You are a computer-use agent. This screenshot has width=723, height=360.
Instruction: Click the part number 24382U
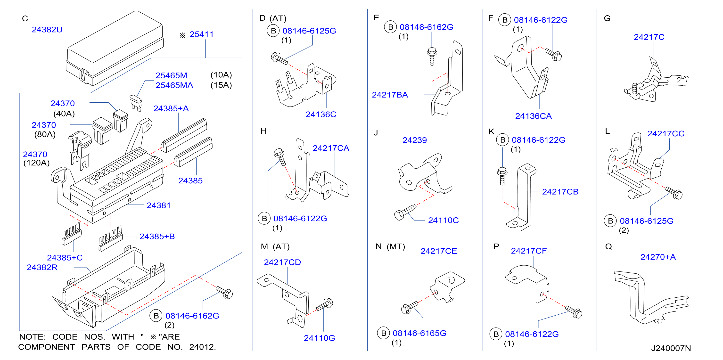click(x=47, y=29)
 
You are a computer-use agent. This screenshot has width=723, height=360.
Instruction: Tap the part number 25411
click(x=202, y=34)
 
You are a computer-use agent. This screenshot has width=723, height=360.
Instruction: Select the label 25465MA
click(x=174, y=85)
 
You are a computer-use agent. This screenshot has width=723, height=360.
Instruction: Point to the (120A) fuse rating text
click(x=36, y=163)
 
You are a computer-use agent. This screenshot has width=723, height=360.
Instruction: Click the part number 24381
click(x=159, y=205)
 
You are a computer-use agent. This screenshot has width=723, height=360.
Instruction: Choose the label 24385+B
click(x=157, y=237)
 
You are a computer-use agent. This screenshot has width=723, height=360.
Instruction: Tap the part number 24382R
click(x=42, y=267)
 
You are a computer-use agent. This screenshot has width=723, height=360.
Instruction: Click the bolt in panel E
click(x=432, y=56)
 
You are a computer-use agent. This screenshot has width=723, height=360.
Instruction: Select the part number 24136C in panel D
click(x=321, y=115)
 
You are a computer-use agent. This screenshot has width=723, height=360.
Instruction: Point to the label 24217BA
click(x=390, y=95)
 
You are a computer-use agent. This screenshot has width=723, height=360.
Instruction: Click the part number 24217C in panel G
click(x=649, y=37)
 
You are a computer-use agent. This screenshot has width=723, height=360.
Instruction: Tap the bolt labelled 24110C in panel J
click(x=405, y=212)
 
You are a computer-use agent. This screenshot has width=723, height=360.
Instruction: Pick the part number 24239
click(x=415, y=140)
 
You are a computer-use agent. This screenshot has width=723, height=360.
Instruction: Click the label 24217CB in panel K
click(x=560, y=192)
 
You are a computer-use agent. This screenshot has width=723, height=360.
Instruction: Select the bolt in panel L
click(x=674, y=193)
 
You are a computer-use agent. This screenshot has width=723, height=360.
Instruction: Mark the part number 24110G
click(x=319, y=338)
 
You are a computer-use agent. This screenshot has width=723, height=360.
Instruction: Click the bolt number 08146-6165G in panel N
click(x=419, y=333)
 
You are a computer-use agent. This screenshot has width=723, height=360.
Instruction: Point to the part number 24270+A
click(x=658, y=257)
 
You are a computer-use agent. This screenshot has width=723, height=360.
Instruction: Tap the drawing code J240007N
click(x=671, y=348)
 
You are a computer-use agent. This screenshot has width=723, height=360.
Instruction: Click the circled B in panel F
click(x=505, y=20)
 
